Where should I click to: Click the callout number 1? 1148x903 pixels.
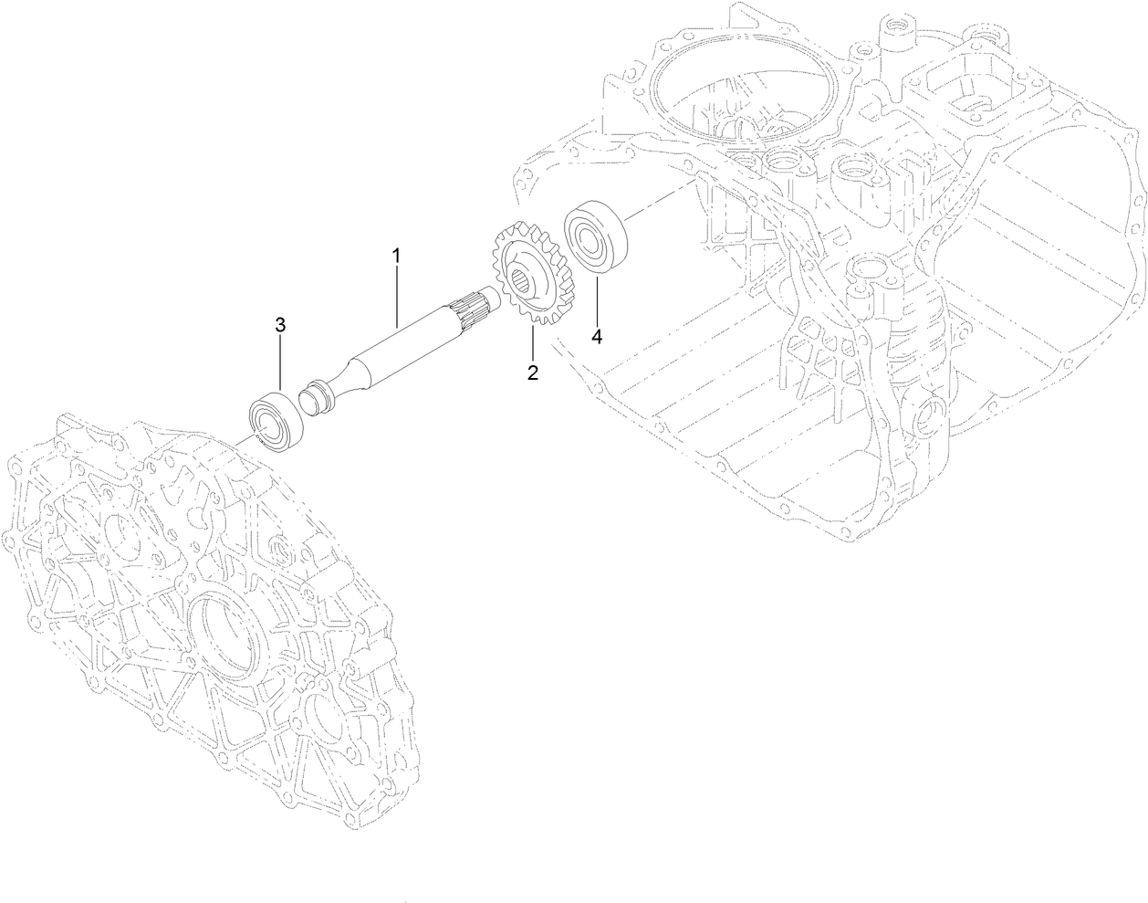click(396, 256)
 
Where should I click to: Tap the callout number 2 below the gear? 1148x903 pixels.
click(531, 372)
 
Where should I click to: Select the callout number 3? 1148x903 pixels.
click(280, 324)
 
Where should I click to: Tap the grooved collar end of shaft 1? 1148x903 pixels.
click(316, 403)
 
